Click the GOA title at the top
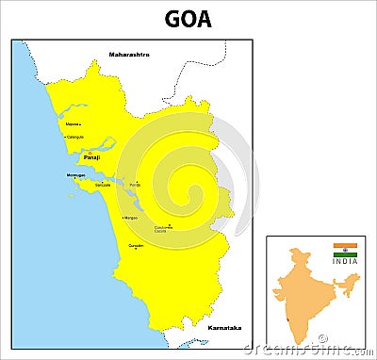[188, 19]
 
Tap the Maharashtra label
[129, 54]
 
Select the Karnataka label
[223, 327]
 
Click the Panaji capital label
[91, 158]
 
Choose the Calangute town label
[74, 137]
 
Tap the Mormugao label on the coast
[77, 175]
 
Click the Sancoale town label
[102, 185]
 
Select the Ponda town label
[135, 186]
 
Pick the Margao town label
[130, 218]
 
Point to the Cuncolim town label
[137, 245]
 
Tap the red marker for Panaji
[90, 153]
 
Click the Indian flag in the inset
[345, 250]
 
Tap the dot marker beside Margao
[122, 218]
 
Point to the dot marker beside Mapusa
[80, 124]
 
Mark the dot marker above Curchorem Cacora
[170, 224]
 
